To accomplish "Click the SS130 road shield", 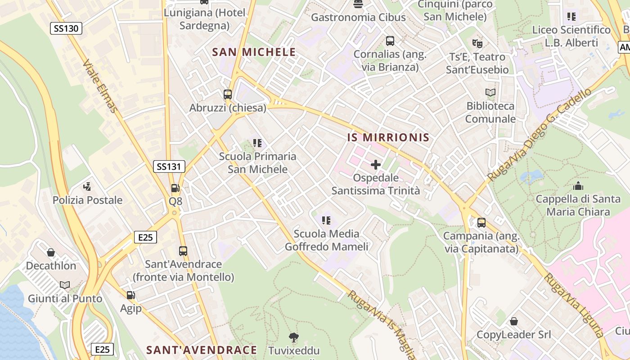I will tap(66, 29).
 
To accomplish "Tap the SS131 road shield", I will tap(169, 166).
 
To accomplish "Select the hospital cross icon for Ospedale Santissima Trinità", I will tap(376, 165).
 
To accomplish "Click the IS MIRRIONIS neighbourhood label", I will tap(388, 138).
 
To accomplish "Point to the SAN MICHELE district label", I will tap(254, 52).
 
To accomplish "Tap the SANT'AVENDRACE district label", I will tap(202, 350).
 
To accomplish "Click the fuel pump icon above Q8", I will tap(175, 189).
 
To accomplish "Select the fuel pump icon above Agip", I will tap(131, 295).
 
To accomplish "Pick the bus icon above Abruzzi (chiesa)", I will tap(228, 94).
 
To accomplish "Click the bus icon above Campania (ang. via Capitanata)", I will tap(481, 222).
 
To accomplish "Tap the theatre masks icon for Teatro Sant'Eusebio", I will tap(477, 44).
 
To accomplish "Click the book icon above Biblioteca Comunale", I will tap(490, 93).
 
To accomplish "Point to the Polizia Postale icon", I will tap(87, 186).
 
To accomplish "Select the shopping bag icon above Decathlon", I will tap(51, 252).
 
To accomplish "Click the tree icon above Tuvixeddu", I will tap(294, 337).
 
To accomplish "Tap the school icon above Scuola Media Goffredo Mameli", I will tap(326, 220).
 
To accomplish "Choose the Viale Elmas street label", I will tap(100, 86).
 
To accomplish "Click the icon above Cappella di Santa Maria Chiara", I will tap(578, 185).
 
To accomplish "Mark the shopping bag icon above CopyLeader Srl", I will tap(513, 321).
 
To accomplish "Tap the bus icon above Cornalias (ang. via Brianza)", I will tap(390, 41).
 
